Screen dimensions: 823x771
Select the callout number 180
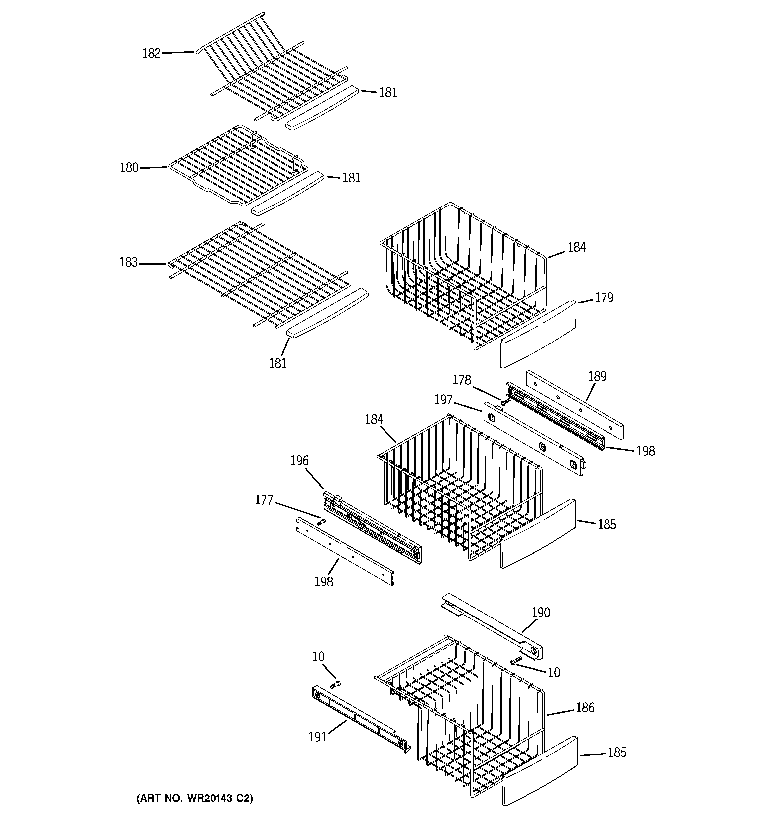coord(129,168)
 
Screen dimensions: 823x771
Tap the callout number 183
coord(128,262)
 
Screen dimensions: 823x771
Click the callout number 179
coord(604,298)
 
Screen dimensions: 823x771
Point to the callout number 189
coord(597,376)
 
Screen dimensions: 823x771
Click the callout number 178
coord(462,380)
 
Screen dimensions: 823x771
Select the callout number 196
coord(299,460)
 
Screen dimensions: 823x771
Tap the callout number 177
coord(264,500)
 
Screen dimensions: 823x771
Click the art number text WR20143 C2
coord(194,798)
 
